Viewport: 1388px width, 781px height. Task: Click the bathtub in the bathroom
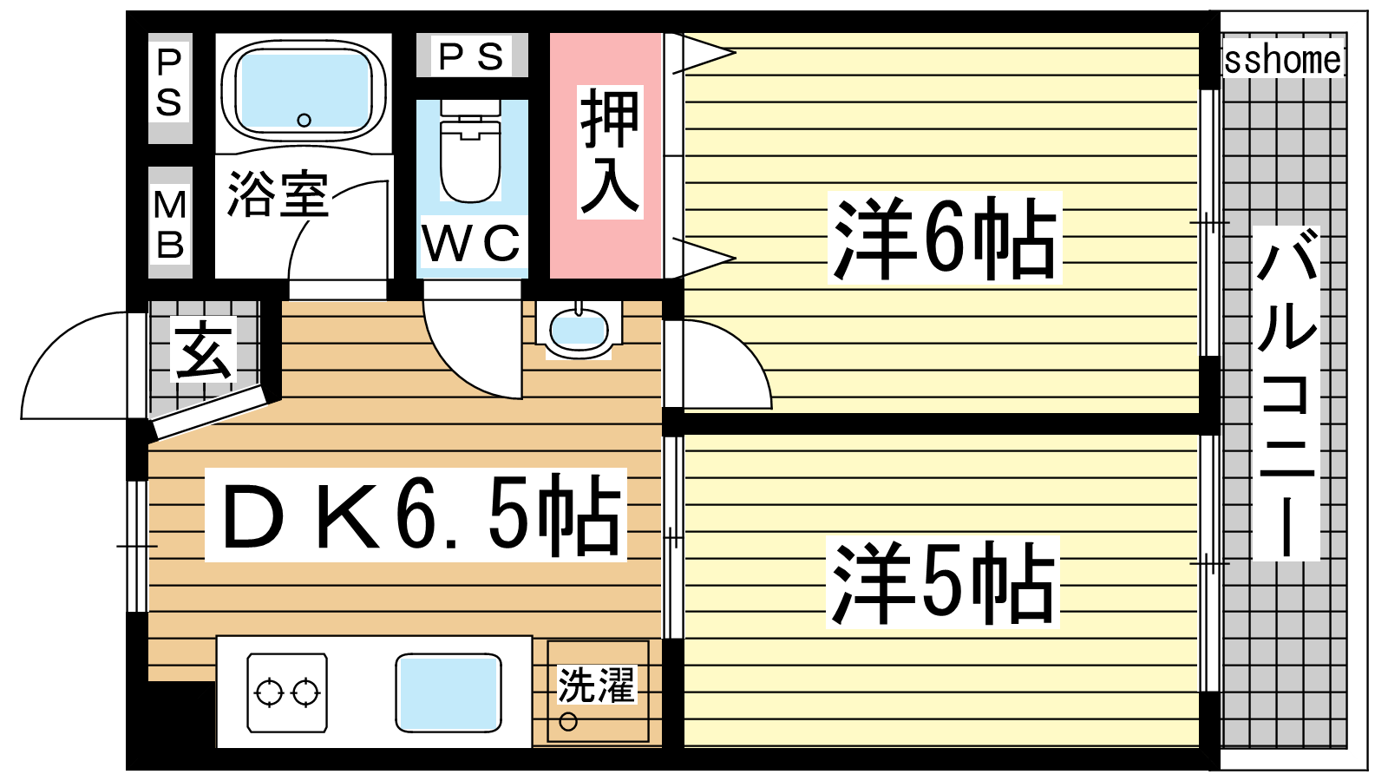point(304,91)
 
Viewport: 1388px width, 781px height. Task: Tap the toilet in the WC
point(470,151)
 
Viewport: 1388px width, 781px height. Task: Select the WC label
point(472,243)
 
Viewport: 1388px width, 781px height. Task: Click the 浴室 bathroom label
point(278,194)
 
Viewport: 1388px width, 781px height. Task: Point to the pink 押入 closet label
point(609,152)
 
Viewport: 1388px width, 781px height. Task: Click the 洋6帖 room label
point(944,238)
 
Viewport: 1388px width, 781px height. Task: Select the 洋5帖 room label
point(942,582)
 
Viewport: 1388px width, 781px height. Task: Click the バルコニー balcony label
point(1286,393)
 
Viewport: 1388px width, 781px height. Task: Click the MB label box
point(170,223)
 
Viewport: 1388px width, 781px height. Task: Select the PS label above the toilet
point(471,56)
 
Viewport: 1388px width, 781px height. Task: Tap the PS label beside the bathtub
point(170,84)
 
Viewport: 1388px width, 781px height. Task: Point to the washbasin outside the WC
point(579,330)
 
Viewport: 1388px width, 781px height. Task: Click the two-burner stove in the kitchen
point(287,692)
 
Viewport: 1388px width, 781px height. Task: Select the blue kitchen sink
point(448,692)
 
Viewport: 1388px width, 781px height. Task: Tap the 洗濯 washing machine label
point(596,685)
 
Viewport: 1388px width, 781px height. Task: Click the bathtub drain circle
point(304,121)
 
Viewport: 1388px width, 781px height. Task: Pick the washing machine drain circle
point(568,721)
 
